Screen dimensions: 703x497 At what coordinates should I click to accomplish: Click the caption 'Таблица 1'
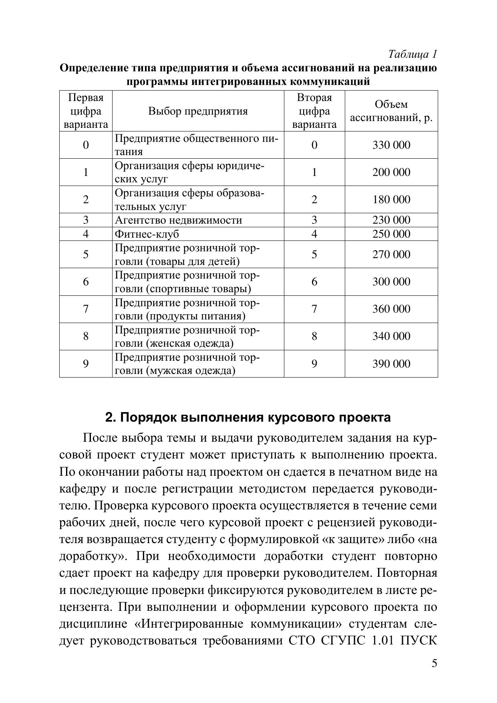[412, 54]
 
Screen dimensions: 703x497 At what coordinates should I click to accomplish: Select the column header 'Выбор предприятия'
[198, 111]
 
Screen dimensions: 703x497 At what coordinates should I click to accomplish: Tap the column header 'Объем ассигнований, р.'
[391, 111]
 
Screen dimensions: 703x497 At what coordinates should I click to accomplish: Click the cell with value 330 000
[391, 145]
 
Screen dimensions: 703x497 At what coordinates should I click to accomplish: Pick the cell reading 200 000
[391, 172]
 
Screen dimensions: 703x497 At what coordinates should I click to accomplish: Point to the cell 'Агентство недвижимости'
[179, 220]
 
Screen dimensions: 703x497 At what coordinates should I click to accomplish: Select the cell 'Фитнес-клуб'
[147, 234]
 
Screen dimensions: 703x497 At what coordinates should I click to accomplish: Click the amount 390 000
[391, 364]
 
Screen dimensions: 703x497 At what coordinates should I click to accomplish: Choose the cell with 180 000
[391, 200]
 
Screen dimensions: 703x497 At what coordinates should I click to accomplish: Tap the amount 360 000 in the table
[391, 309]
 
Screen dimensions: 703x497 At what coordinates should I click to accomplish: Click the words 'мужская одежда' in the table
[190, 371]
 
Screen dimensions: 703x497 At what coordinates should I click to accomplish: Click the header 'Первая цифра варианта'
[86, 111]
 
